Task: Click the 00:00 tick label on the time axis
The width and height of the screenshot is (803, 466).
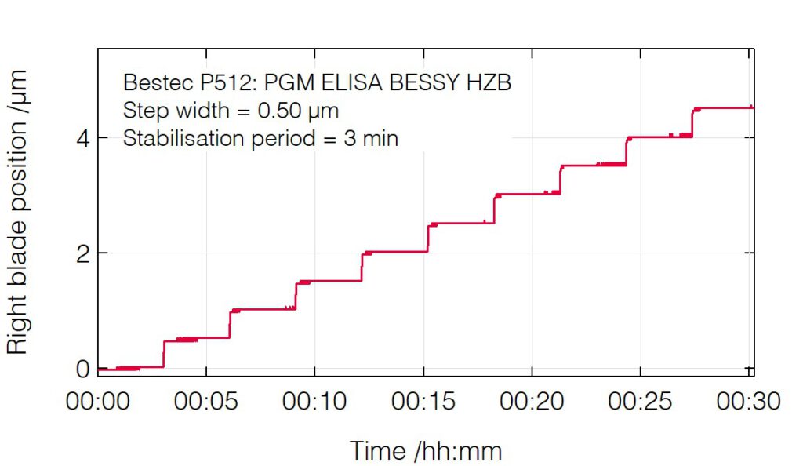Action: pyautogui.click(x=98, y=401)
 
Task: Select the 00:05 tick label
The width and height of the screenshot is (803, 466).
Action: pyautogui.click(x=206, y=401)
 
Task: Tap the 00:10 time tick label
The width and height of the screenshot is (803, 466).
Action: pyautogui.click(x=315, y=401)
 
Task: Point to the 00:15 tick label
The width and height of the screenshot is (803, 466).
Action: pyautogui.click(x=424, y=401)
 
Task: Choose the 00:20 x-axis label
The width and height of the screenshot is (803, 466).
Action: pyautogui.click(x=532, y=401)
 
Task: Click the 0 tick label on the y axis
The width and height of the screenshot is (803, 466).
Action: pyautogui.click(x=82, y=368)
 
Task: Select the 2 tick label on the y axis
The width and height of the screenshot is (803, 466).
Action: pyautogui.click(x=82, y=253)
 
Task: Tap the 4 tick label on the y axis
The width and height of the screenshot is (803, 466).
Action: pyautogui.click(x=82, y=138)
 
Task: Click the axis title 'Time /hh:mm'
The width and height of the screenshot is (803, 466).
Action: pyautogui.click(x=425, y=450)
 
